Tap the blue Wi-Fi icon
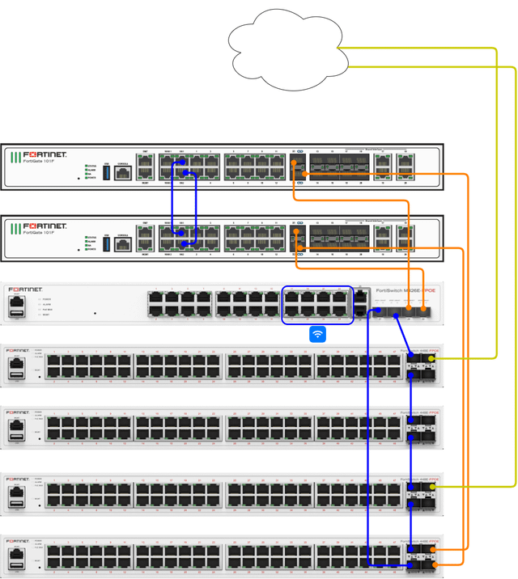[318, 334]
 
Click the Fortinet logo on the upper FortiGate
[45, 154]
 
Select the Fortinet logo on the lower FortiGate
[45, 226]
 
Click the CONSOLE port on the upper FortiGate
[123, 173]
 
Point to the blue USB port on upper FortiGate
[106, 173]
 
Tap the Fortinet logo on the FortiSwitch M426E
[25, 289]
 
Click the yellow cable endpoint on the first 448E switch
[432, 358]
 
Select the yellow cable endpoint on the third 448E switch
[432, 488]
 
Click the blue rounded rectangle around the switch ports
[317, 305]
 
